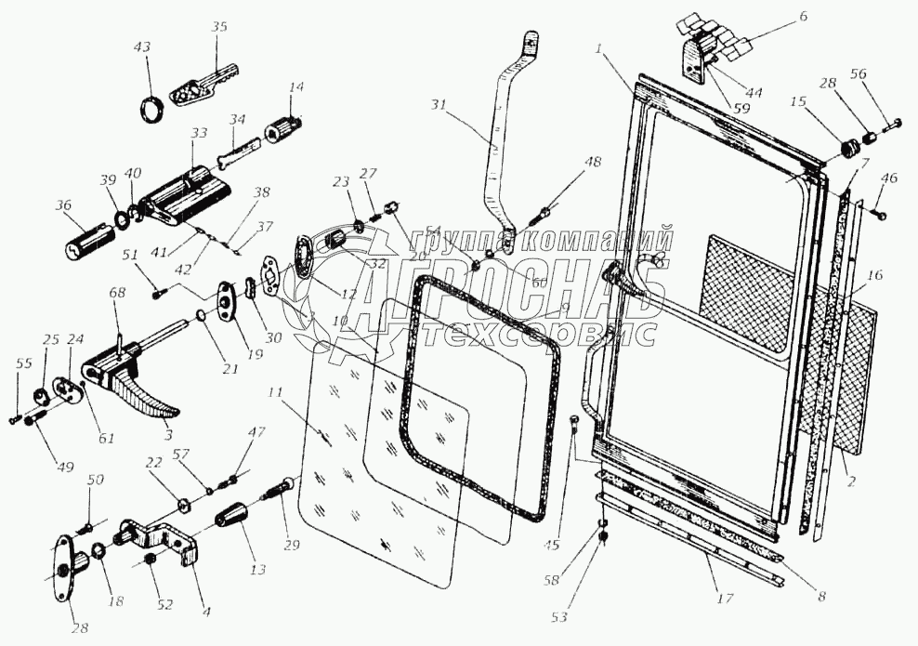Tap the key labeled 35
tap(204, 85)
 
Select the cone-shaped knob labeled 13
tap(234, 516)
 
